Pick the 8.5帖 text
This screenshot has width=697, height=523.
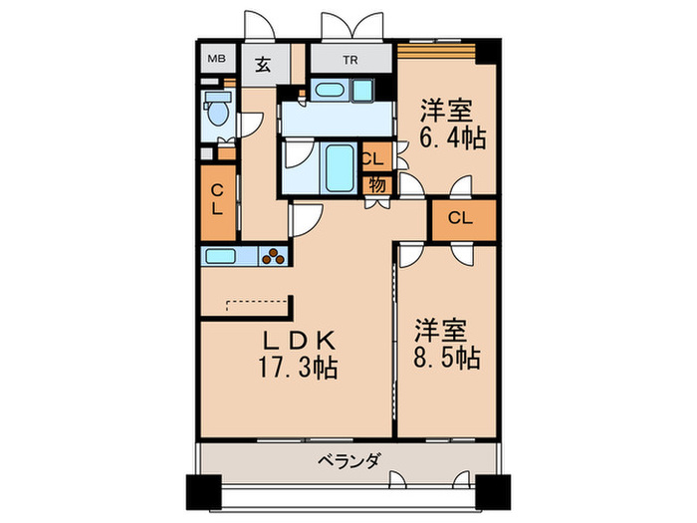(447, 357)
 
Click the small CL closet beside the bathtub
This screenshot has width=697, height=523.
(374, 158)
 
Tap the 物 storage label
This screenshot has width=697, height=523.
(377, 184)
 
